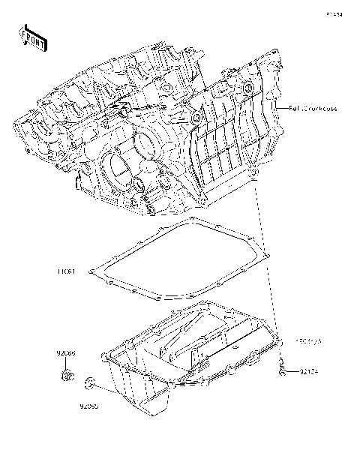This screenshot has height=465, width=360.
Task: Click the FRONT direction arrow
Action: [x=32, y=37]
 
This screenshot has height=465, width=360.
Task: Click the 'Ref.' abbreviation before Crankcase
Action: [x=295, y=109]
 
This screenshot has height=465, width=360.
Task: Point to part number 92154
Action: [x=311, y=371]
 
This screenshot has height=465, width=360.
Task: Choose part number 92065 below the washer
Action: [x=90, y=407]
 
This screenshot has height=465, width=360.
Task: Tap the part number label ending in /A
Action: [x=309, y=341]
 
